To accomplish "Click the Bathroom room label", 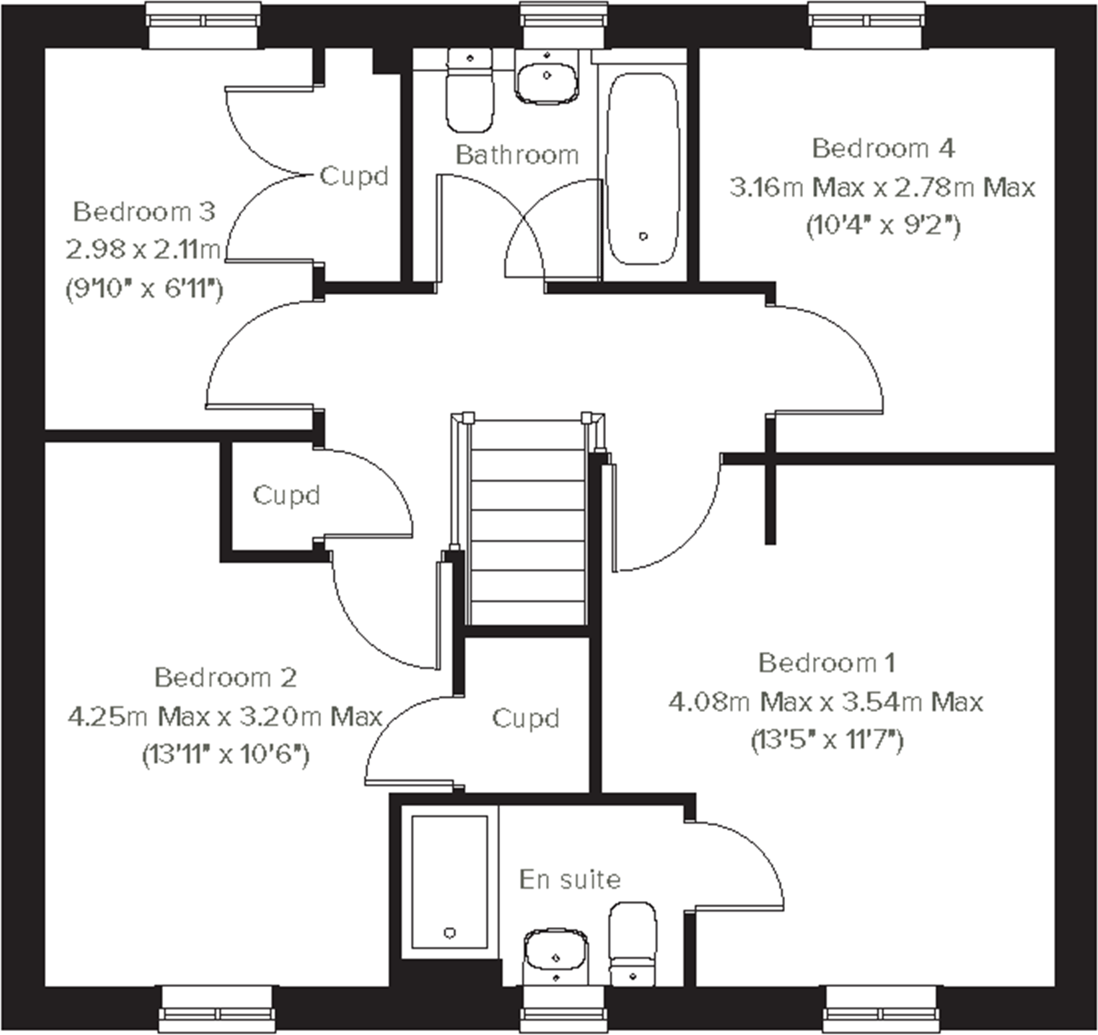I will pyautogui.click(x=517, y=155).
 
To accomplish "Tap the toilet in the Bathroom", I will pyautogui.click(x=469, y=97).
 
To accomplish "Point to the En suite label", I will pyautogui.click(x=570, y=879).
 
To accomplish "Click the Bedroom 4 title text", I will pyautogui.click(x=883, y=148).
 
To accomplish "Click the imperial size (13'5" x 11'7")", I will pyautogui.click(x=827, y=740).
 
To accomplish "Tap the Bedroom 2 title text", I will pyautogui.click(x=226, y=677).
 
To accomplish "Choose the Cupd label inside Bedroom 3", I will pyautogui.click(x=354, y=176).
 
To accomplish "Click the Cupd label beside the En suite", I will pyautogui.click(x=525, y=718).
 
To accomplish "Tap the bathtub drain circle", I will pyautogui.click(x=643, y=236).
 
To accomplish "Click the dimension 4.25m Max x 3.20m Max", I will pyautogui.click(x=225, y=717).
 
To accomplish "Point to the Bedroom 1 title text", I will pyautogui.click(x=826, y=663).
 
